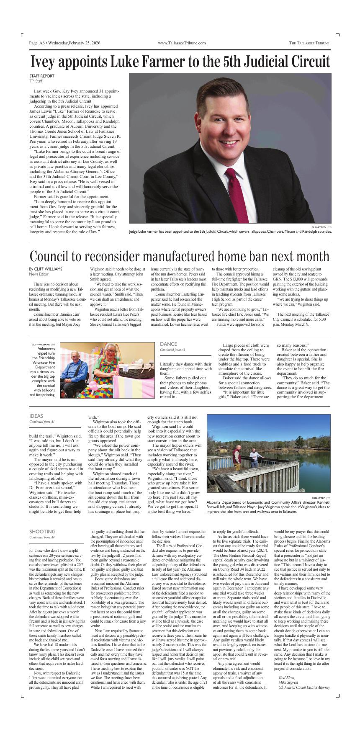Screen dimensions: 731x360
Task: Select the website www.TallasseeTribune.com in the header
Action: pyautogui.click(x=182, y=43)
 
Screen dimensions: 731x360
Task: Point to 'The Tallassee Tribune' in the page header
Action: pyautogui.click(x=309, y=43)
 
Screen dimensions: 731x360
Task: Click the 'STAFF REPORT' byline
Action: pyautogui.click(x=41, y=76)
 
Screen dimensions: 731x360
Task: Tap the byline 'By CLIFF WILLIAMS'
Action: pyautogui.click(x=46, y=269)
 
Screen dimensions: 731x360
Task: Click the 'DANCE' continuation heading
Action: pyautogui.click(x=168, y=344)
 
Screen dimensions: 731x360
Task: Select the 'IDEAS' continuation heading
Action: pyautogui.click(x=36, y=416)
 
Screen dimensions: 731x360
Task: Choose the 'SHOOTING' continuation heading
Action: pyautogui.click(x=42, y=532)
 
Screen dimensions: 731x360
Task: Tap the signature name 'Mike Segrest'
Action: pyautogui.click(x=288, y=682)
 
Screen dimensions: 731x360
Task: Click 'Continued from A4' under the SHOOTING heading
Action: pyautogui.click(x=42, y=537)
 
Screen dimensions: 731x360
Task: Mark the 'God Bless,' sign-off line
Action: pyautogui.click(x=287, y=677)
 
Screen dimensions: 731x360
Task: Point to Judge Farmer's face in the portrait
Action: pyautogui.click(x=230, y=131)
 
